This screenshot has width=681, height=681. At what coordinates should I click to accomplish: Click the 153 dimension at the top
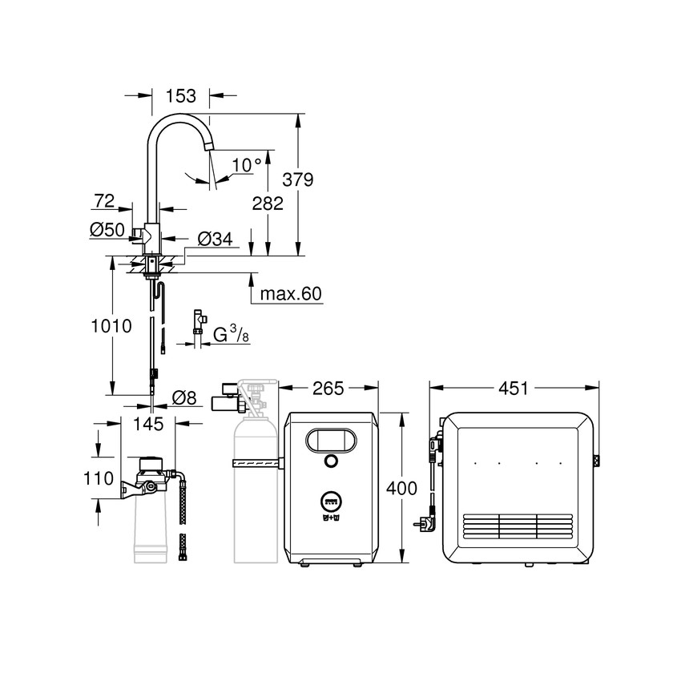point(180,96)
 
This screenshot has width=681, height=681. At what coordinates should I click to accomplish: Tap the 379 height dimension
point(298,179)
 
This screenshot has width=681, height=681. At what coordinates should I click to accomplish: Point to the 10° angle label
point(247,165)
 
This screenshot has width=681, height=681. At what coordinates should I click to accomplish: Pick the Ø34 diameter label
point(214,238)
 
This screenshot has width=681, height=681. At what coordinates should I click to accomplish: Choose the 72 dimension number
point(104,199)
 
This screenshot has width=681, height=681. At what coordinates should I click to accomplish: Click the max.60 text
point(290,294)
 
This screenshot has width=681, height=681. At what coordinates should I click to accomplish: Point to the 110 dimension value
point(99,479)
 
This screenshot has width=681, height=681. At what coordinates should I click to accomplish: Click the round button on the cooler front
point(331,462)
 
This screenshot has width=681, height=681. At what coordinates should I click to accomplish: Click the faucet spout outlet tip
point(209,147)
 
